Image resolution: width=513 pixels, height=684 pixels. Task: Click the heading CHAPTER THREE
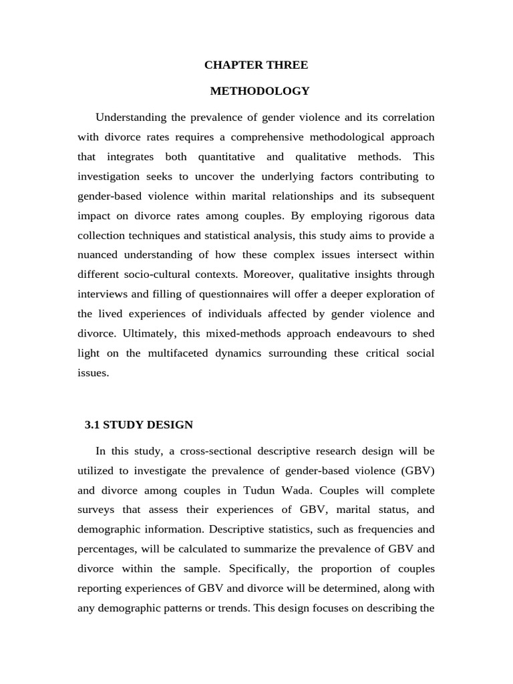pos(256,65)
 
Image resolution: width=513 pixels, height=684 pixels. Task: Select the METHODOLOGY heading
pos(260,91)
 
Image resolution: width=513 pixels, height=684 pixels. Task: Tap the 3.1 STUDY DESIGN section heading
pos(139,425)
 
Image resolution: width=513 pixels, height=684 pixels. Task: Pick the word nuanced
pos(98,255)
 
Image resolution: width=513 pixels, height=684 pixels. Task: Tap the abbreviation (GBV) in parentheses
pos(417,471)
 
